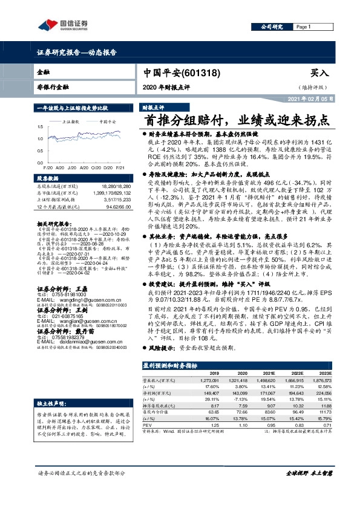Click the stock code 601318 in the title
click(200, 73)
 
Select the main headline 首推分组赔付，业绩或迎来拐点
click(237, 120)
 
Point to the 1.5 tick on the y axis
click(41, 127)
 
